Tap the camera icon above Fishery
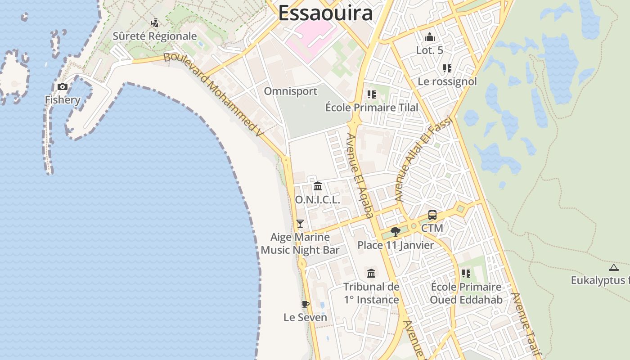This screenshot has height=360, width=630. (x=63, y=86)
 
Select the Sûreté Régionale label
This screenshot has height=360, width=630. (x=155, y=36)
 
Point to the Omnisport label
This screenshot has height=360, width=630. (x=290, y=91)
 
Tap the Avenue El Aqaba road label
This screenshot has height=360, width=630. (x=360, y=175)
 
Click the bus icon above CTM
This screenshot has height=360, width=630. (x=432, y=215)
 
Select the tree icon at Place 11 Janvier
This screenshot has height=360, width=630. (x=396, y=232)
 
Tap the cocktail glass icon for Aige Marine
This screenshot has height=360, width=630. (x=300, y=223)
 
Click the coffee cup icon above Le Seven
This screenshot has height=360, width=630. (x=306, y=304)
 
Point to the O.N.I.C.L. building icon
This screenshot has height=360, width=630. (x=318, y=186)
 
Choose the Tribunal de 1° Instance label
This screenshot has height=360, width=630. (x=371, y=293)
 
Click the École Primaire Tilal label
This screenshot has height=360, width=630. (x=372, y=108)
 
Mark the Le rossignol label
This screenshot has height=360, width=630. (x=447, y=81)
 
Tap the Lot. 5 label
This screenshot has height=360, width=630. (x=429, y=50)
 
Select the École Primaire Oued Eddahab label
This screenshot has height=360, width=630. (x=466, y=293)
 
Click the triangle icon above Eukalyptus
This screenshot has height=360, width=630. (x=613, y=268)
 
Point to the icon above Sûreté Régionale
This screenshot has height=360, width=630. (x=155, y=22)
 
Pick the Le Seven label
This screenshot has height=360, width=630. (x=305, y=317)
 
